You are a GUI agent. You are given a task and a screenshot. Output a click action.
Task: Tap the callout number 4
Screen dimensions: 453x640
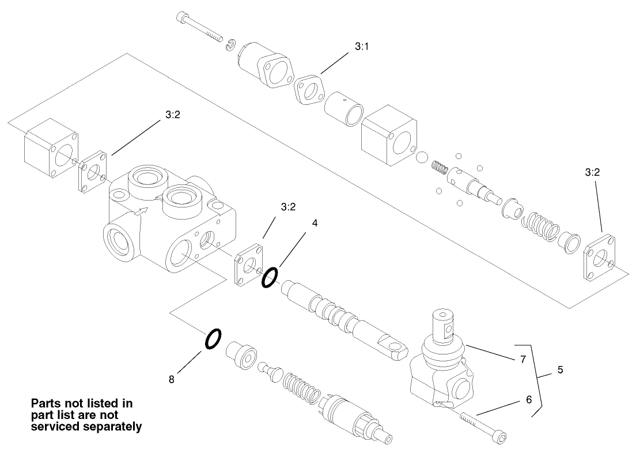(315, 222)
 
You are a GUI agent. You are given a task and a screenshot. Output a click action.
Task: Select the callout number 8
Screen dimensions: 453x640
(171, 380)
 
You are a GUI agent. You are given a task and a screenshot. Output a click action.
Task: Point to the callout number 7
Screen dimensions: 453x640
(522, 359)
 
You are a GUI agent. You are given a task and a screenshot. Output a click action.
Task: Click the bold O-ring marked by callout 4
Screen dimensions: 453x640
(269, 278)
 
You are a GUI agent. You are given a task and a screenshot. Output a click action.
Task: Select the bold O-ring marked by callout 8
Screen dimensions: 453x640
(212, 339)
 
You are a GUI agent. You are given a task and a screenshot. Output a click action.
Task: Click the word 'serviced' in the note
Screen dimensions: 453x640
(58, 427)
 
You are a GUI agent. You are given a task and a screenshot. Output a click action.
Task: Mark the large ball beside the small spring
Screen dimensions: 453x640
(422, 157)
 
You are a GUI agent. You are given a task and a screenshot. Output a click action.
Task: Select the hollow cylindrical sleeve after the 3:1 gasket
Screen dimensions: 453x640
(343, 110)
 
